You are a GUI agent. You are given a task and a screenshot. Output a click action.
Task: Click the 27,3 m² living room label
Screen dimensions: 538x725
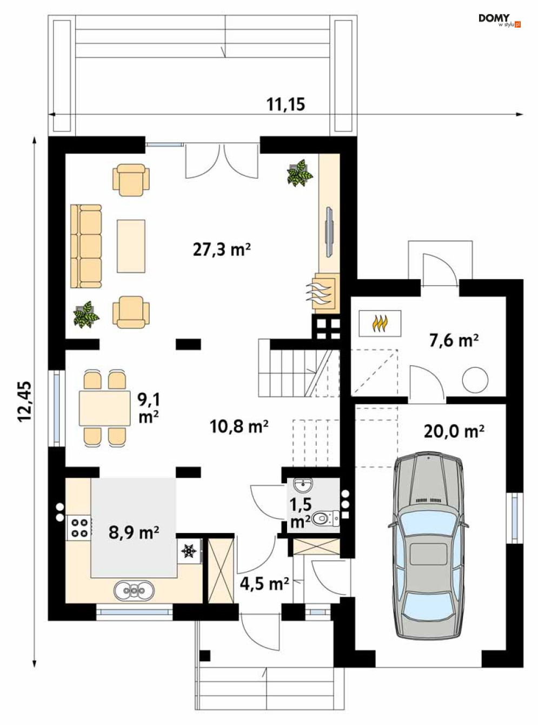(222, 250)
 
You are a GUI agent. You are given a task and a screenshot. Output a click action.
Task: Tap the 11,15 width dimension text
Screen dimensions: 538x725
(286, 104)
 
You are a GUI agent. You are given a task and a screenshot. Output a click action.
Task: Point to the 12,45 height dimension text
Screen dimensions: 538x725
(25, 401)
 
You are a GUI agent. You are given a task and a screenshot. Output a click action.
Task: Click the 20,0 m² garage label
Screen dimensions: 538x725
(454, 431)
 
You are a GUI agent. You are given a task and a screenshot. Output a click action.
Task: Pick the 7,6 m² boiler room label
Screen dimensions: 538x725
(454, 341)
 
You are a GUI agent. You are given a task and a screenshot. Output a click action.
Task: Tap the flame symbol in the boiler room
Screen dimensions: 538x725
(380, 324)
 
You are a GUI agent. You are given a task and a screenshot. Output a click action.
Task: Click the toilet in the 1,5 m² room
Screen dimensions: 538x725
(326, 518)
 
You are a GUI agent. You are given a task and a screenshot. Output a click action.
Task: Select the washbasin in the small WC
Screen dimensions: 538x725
(303, 485)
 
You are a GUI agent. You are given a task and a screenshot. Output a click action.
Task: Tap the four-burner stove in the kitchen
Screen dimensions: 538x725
(79, 528)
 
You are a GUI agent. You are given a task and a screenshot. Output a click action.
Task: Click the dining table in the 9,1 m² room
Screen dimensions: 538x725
(104, 408)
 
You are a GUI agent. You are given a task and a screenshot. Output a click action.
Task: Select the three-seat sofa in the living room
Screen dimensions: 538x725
(86, 246)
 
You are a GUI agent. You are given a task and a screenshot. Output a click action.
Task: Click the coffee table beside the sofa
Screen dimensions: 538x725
(131, 246)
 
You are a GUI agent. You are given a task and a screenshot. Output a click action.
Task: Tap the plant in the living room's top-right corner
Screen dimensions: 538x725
(300, 173)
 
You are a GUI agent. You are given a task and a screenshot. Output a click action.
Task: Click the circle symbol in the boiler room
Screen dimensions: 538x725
(475, 380)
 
